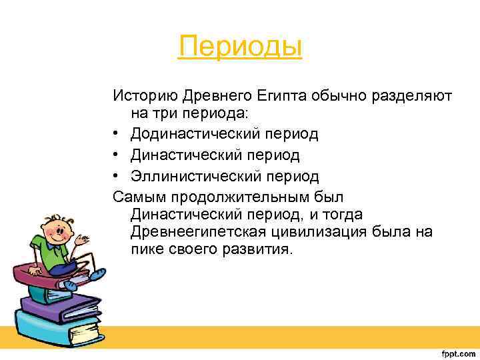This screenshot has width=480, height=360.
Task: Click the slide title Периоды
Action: pos(240,47)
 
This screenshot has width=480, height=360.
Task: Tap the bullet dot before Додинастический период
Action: pos(117,134)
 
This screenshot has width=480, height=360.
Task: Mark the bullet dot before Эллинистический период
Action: pos(117,177)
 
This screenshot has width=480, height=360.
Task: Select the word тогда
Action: pos(339,215)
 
